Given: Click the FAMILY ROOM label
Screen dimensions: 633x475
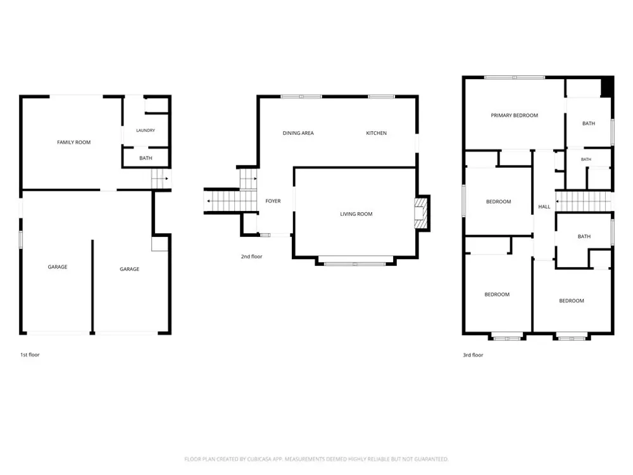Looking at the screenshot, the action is (x=74, y=142).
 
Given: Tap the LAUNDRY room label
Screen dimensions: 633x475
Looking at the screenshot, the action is (x=146, y=130).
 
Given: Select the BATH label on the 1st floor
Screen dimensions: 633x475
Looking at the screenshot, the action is (x=146, y=158).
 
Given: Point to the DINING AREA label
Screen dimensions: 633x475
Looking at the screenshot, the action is (x=298, y=133).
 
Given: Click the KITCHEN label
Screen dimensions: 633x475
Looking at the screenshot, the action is (x=376, y=133).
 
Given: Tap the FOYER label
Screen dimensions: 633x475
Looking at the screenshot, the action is (x=273, y=201).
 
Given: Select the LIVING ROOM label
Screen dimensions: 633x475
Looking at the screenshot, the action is (x=356, y=214).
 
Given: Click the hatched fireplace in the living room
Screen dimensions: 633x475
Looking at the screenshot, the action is (x=420, y=213).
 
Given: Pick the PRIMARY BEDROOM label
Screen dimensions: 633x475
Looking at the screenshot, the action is (x=514, y=115).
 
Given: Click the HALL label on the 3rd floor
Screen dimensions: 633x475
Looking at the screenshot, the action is (x=544, y=207).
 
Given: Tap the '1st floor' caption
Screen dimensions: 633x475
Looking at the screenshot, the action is (x=30, y=355).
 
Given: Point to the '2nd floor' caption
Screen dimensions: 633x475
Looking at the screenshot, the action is (x=251, y=256).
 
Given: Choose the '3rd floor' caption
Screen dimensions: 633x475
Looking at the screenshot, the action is (x=473, y=355).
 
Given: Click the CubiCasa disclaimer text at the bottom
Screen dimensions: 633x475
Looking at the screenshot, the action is (x=316, y=459).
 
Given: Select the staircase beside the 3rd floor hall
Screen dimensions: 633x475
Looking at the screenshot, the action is (x=584, y=201).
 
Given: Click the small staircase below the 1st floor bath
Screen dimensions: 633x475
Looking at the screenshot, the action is (x=160, y=179).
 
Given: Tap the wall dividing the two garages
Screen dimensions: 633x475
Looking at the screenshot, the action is (x=92, y=286).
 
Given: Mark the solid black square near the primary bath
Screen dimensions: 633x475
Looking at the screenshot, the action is (x=607, y=87).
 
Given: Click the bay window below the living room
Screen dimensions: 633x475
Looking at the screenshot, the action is (x=355, y=262).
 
